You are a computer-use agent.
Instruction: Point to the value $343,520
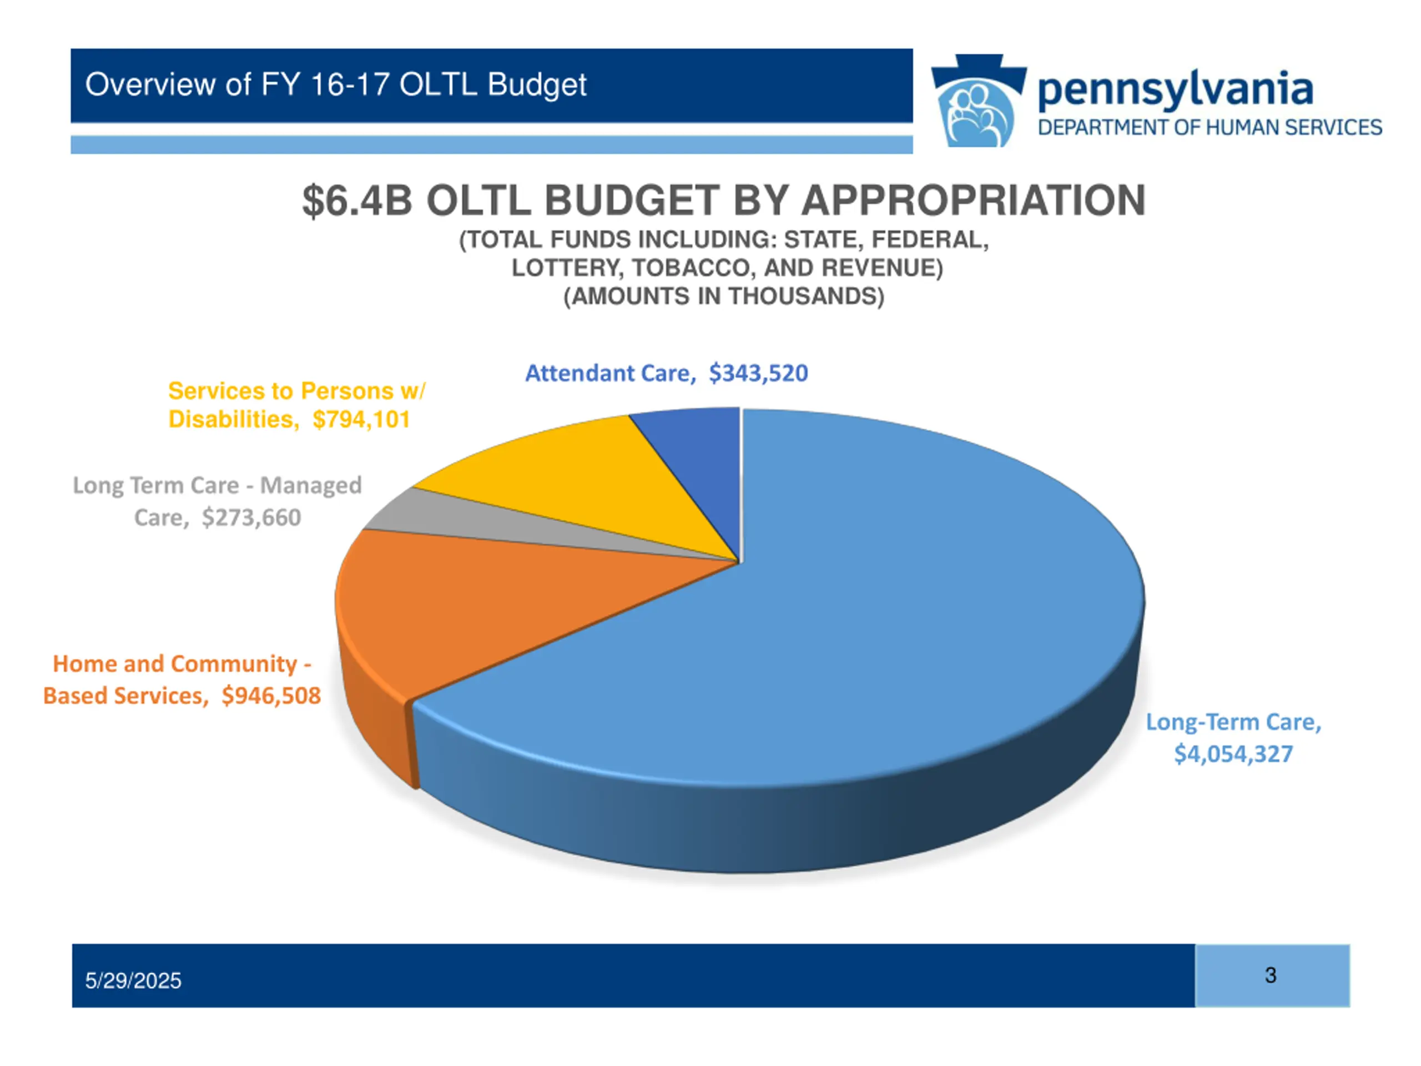pos(758,373)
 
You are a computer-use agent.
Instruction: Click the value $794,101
pos(361,420)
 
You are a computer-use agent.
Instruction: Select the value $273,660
pos(251,517)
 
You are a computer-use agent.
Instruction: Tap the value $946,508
pos(270,696)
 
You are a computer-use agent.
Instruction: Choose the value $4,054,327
pos(1233,754)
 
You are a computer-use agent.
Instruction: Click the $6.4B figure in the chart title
pos(356,200)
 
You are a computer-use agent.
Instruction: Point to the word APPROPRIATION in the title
pos(973,200)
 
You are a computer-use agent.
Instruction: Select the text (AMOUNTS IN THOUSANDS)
pos(724,296)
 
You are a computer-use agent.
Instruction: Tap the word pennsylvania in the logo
pos(1176,90)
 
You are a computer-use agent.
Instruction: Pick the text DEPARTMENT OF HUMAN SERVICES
pos(1210,128)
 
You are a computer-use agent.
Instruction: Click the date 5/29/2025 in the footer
pos(133,980)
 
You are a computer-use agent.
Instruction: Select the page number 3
pos(1270,976)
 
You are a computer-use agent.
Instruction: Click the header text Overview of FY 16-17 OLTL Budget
pos(336,85)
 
